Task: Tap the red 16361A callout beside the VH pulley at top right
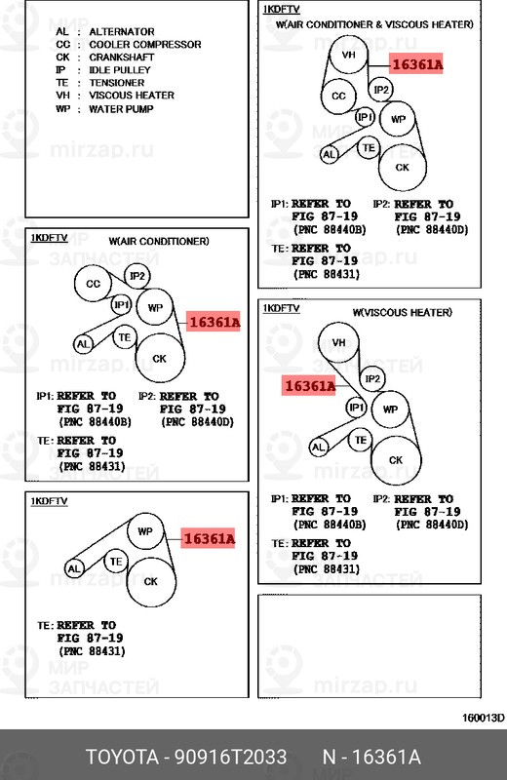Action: click(x=416, y=64)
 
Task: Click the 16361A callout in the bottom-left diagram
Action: click(x=208, y=539)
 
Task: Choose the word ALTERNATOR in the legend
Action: click(x=122, y=31)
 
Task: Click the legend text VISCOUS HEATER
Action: click(x=132, y=95)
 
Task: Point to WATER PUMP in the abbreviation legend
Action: click(x=121, y=108)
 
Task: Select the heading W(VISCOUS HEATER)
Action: click(x=403, y=312)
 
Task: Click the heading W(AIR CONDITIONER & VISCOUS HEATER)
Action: click(x=374, y=23)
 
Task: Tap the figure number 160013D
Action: click(x=484, y=718)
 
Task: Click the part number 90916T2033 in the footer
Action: click(x=230, y=758)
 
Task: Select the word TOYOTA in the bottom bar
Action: click(x=123, y=758)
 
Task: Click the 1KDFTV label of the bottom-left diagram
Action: click(x=49, y=501)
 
